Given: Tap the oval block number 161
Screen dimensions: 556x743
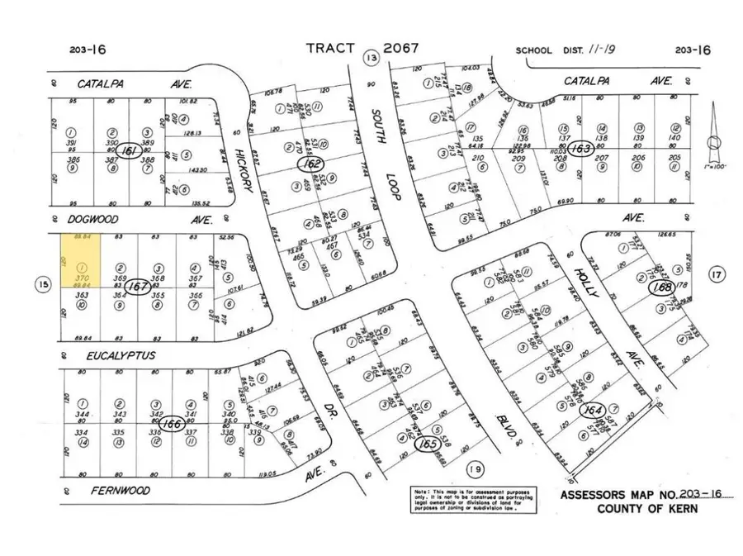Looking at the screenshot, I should click(129, 152).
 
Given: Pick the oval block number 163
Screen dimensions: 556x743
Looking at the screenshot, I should click(582, 147).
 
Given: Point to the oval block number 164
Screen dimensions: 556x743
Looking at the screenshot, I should click(593, 411).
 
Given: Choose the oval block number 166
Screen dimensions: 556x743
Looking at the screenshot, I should click(170, 424).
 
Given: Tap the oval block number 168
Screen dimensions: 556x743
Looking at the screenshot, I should click(660, 288).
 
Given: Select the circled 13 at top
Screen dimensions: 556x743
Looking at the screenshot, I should click(371, 57).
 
